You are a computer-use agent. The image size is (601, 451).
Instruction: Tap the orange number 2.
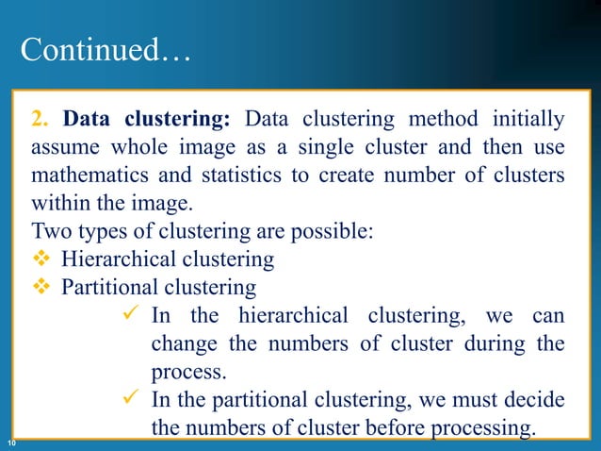[39, 121]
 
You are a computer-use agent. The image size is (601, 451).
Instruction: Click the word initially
[526, 121]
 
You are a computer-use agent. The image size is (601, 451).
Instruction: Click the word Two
[49, 231]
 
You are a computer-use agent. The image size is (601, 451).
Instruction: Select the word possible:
[340, 231]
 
